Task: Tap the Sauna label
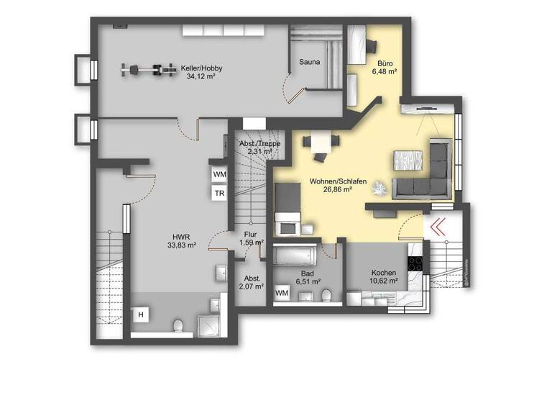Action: click(x=310, y=62)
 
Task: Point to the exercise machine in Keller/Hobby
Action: click(x=149, y=70)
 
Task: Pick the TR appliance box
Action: click(x=218, y=193)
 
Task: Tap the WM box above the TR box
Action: click(x=218, y=174)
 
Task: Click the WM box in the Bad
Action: click(x=282, y=293)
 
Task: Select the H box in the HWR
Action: click(x=142, y=314)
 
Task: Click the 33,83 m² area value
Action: click(x=181, y=244)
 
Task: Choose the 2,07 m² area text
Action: click(x=251, y=286)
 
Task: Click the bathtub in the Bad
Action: click(x=295, y=255)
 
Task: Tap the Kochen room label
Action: click(x=383, y=273)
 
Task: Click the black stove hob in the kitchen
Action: click(x=415, y=263)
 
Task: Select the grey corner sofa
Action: click(x=427, y=173)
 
